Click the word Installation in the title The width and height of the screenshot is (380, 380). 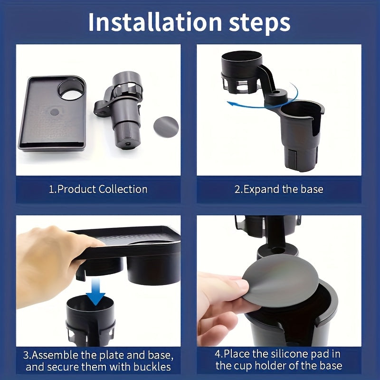click(155, 23)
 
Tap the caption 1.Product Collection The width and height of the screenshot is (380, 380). click(98, 189)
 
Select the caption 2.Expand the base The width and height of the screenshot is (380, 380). click(279, 189)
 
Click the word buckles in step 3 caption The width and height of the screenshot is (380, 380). click(147, 367)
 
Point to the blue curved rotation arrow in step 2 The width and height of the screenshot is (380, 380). click(266, 100)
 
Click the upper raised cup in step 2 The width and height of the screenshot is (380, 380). click(242, 71)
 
